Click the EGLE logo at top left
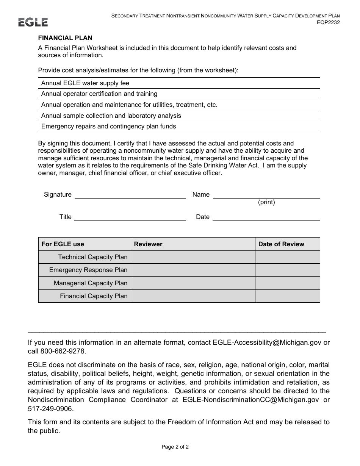(33, 22)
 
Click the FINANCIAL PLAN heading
(65, 38)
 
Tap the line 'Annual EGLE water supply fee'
(85, 83)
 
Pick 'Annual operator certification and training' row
(99, 94)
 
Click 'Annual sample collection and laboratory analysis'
(111, 116)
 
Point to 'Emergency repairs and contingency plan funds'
(108, 126)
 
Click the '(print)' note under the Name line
(266, 202)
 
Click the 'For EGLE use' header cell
(63, 244)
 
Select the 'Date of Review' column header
(281, 244)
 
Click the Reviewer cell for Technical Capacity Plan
(193, 257)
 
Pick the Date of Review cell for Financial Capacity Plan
(287, 296)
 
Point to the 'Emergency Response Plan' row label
(88, 270)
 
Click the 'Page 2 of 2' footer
(175, 447)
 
